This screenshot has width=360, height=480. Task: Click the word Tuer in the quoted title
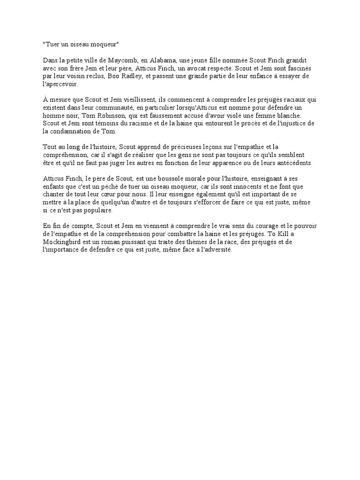point(52,44)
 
